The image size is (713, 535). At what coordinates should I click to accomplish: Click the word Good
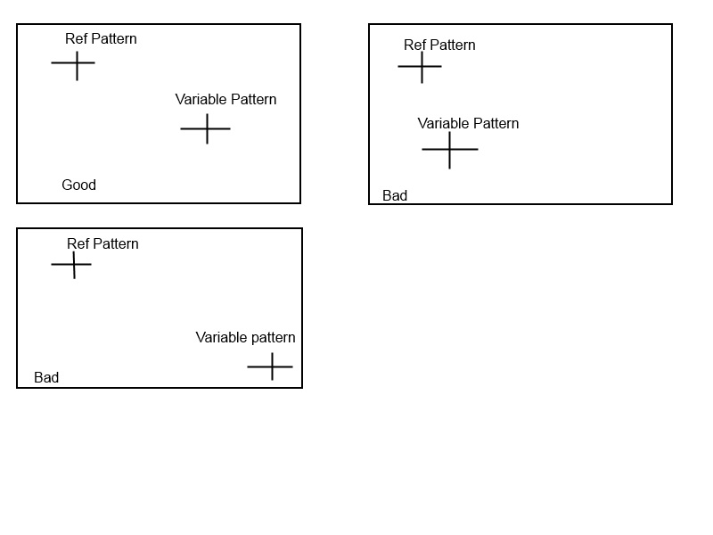point(78,185)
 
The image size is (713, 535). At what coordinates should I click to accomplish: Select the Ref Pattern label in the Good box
point(101,39)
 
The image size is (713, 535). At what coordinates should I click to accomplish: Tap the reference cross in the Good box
point(77,63)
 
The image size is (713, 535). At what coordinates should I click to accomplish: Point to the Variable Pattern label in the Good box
point(225,100)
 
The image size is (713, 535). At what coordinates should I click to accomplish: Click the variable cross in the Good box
point(207,128)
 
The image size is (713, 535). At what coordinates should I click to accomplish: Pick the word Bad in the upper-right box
point(395,196)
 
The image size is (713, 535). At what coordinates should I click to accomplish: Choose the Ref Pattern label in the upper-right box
point(439,45)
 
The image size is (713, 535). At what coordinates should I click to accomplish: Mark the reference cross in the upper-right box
point(422,66)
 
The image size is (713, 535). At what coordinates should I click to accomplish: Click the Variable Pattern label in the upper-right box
point(468,124)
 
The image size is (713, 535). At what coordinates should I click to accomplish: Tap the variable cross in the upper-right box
point(449,149)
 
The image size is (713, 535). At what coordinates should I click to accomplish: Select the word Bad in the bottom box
point(46,378)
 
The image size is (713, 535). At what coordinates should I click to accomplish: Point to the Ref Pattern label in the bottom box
point(102,244)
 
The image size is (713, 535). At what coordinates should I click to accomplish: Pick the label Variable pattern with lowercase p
point(245,338)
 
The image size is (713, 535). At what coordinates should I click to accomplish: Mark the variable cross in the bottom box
point(271,366)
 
